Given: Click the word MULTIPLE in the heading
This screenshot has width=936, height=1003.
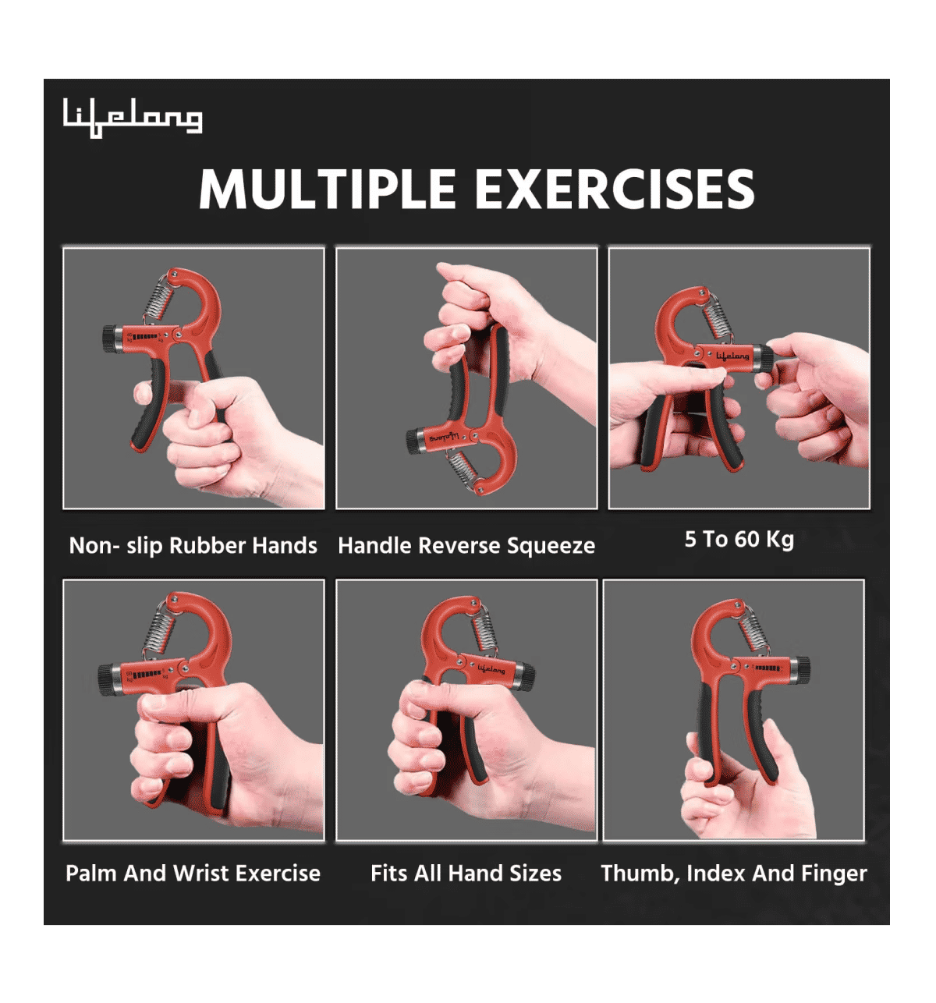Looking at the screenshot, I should (327, 190).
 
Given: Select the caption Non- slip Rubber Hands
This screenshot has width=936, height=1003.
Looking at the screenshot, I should (193, 545).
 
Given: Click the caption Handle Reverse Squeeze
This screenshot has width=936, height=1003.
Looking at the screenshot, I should (466, 545).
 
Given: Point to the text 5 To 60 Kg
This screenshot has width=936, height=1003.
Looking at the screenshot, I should (739, 539).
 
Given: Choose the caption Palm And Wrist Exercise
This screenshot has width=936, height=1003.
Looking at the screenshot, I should (193, 873).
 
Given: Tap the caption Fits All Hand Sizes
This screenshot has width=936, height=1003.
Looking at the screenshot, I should (466, 873).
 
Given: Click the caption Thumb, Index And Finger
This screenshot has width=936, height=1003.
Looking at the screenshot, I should (733, 873).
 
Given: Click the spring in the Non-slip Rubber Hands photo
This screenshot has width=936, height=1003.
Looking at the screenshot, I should (160, 299).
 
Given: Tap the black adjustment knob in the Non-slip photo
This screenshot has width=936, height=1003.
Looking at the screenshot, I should (108, 338).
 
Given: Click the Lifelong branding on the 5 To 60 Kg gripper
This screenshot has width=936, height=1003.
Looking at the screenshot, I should (732, 356).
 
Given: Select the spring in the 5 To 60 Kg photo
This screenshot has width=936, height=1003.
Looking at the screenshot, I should (718, 317).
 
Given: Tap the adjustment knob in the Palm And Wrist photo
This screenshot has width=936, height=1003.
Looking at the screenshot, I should (106, 678).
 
